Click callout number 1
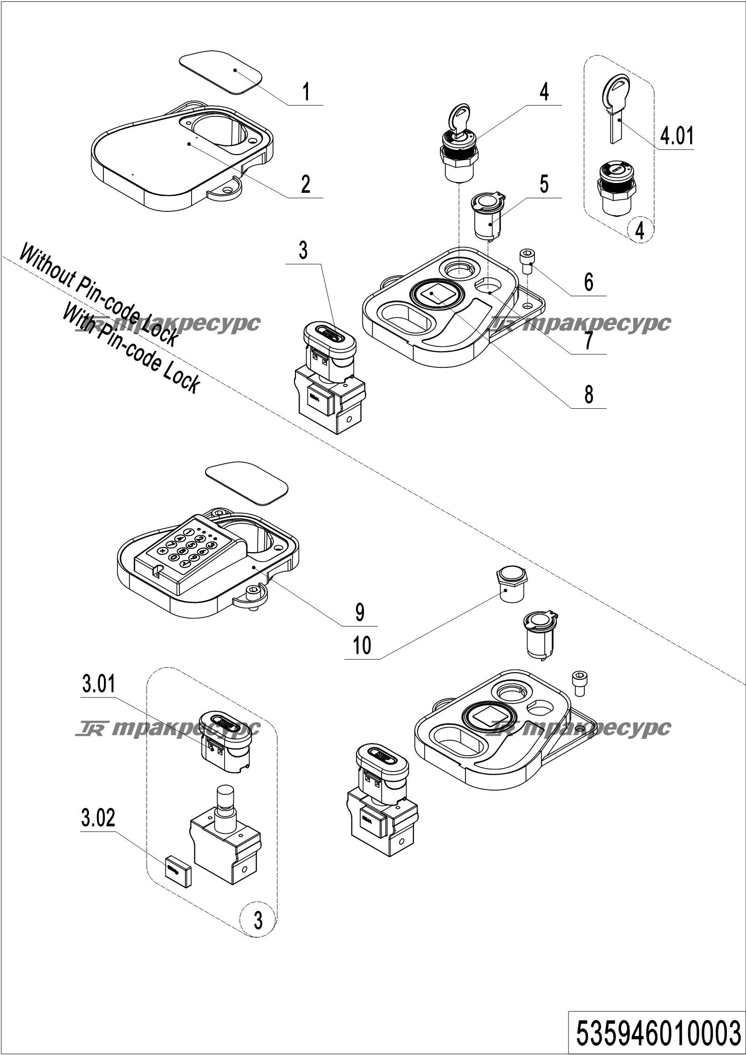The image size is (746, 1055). [305, 92]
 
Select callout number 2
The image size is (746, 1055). [305, 184]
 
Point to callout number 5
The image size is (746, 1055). [544, 184]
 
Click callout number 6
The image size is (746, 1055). [589, 282]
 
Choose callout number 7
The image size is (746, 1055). [589, 340]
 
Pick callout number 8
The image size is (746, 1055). [589, 394]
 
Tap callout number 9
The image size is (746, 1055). [360, 612]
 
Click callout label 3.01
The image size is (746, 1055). [98, 685]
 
